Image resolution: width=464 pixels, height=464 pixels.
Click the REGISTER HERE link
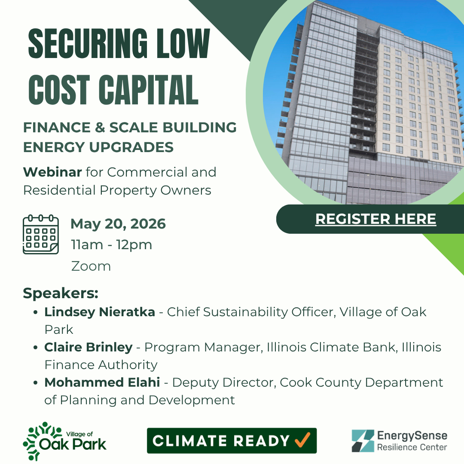375,219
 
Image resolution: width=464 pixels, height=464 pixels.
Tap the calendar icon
40,235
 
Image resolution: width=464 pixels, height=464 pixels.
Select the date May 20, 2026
118,224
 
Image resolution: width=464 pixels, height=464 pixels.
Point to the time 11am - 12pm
112,245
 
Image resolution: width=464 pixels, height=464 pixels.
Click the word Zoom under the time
91,266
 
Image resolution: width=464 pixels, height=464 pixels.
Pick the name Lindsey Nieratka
100,312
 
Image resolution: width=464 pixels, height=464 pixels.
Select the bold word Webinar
52,172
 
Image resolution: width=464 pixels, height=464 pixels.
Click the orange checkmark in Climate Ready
302,440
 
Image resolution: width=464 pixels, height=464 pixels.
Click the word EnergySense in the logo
412,436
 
